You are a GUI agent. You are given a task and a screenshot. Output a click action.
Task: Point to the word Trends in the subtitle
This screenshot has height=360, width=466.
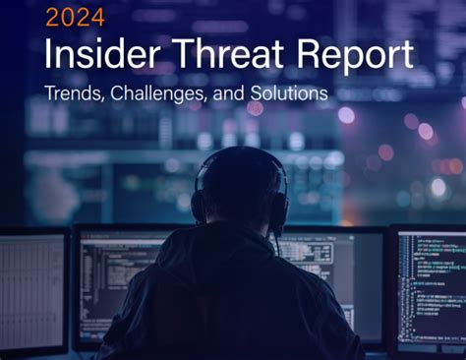coord(72,95)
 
